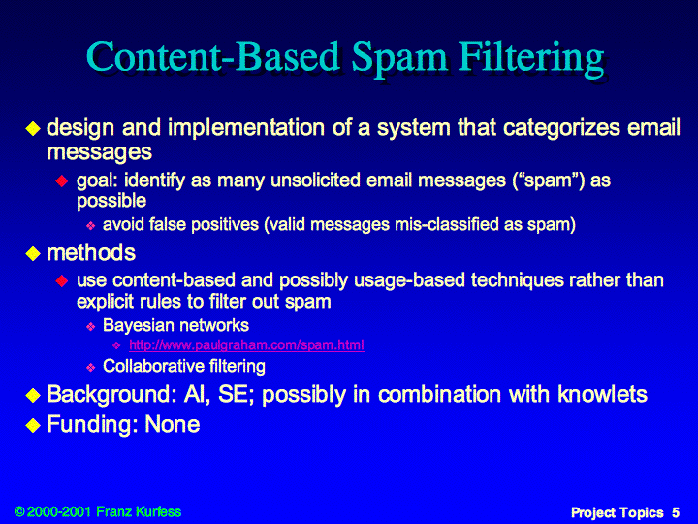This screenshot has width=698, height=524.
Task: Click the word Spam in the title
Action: [x=398, y=60]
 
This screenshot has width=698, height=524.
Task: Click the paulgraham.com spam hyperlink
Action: [x=246, y=344]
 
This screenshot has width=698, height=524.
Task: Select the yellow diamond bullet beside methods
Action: [x=33, y=254]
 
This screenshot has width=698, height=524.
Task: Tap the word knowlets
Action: [x=602, y=394]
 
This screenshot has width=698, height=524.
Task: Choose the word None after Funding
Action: [x=173, y=424]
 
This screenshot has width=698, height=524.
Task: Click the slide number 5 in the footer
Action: [x=676, y=512]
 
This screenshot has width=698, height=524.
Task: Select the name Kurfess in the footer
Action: [x=158, y=511]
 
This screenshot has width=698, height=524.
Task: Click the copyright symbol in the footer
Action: [x=19, y=511]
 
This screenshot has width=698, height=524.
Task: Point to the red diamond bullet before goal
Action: [x=62, y=180]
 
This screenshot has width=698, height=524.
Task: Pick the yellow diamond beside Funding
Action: [x=33, y=425]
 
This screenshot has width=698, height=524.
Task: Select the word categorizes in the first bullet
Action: [x=561, y=128]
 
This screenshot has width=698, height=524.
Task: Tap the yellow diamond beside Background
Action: [x=33, y=395]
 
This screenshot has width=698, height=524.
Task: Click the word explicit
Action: [x=105, y=302]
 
